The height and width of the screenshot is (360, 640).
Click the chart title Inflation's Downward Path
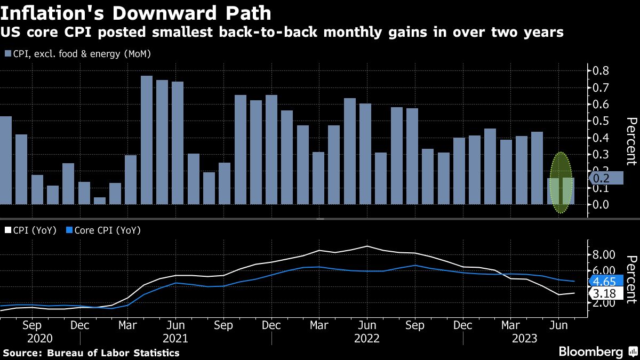pyautogui.click(x=135, y=12)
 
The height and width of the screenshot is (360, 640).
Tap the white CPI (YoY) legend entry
pyautogui.click(x=30, y=230)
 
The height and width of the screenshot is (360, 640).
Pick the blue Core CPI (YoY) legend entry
pyautogui.click(x=101, y=230)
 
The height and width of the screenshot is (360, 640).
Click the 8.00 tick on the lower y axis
pyautogui.click(x=605, y=254)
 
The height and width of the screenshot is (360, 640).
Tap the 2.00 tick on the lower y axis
pyautogui.click(x=605, y=303)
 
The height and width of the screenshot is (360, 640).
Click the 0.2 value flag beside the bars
pyautogui.click(x=605, y=178)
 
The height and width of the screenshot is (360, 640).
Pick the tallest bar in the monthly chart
pyautogui.click(x=147, y=140)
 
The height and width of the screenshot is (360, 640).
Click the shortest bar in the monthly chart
pyautogui.click(x=100, y=201)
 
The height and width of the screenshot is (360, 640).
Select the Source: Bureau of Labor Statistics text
pyautogui.click(x=91, y=353)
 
